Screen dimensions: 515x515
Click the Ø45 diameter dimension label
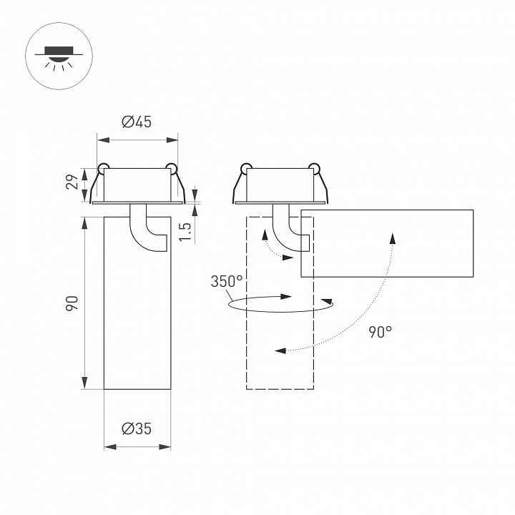click(137, 122)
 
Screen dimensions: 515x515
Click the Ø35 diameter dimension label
click(137, 429)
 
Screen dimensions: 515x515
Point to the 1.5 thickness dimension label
click(184, 230)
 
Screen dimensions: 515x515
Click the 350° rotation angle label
click(226, 281)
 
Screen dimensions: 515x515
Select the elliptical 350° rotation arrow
click(280, 305)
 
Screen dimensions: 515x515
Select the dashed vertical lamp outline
click(280, 336)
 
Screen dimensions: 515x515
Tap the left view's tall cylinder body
click(137, 315)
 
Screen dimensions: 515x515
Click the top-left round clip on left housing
click(103, 169)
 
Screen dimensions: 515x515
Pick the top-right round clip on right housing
click(315, 168)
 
